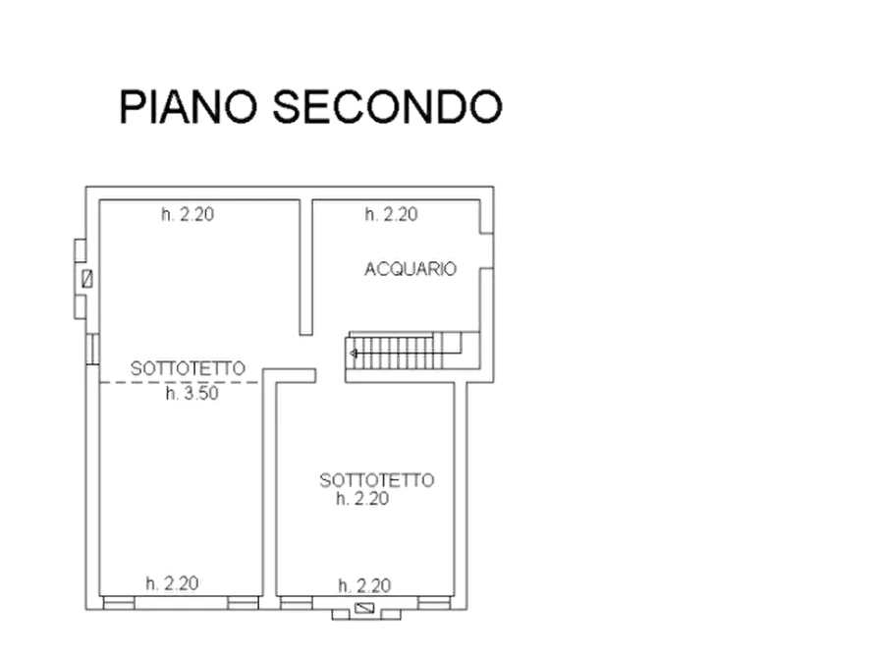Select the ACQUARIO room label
[x=411, y=268]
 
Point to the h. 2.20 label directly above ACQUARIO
[x=390, y=213]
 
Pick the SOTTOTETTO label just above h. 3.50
[x=191, y=368]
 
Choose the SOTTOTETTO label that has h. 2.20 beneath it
[x=376, y=480]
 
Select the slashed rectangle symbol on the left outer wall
[x=87, y=278]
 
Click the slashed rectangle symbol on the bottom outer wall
[x=366, y=610]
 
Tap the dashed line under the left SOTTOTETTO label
[x=177, y=381]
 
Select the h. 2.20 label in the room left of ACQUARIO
[x=189, y=213]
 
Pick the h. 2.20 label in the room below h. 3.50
[x=174, y=582]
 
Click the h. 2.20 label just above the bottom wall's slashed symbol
[x=365, y=585]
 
